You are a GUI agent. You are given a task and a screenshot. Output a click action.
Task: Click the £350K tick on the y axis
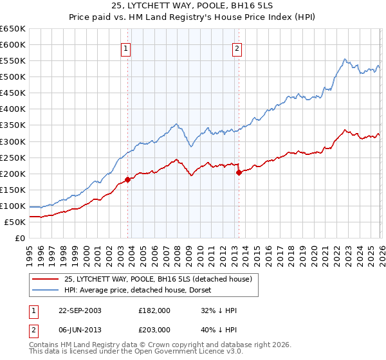point(13,125)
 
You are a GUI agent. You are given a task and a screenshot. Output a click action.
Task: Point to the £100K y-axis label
point(13,206)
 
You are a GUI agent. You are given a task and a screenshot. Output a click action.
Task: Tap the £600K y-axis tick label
point(13,44)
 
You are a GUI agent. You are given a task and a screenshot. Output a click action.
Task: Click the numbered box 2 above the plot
point(237,48)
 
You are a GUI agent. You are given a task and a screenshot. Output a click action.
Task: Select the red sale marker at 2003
point(127,179)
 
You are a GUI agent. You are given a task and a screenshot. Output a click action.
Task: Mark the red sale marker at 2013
point(239,172)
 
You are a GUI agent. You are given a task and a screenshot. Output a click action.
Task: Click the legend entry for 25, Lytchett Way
point(161,279)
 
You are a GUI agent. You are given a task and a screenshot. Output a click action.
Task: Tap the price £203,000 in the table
point(154,328)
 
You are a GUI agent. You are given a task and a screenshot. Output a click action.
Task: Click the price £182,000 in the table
point(154,310)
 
